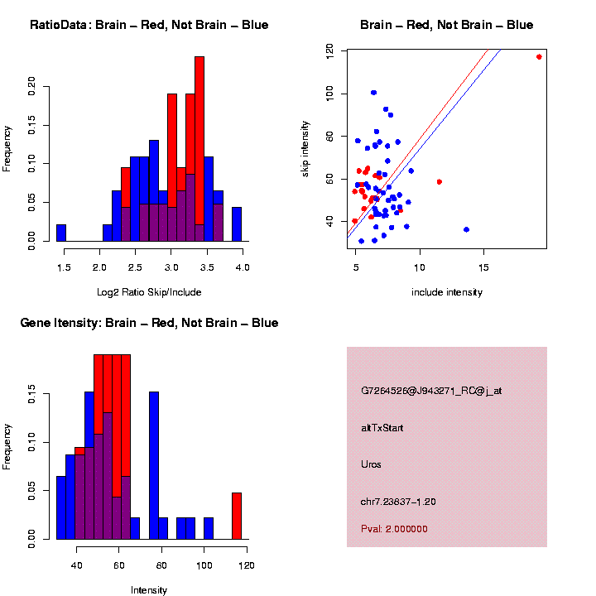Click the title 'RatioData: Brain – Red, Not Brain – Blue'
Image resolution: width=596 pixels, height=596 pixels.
(x=149, y=25)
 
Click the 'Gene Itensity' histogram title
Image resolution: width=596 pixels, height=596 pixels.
(x=149, y=323)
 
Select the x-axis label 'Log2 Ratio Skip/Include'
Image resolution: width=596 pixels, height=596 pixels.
(x=149, y=291)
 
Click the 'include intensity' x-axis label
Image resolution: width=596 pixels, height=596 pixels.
(x=447, y=291)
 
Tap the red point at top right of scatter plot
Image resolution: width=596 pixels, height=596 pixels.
(x=539, y=57)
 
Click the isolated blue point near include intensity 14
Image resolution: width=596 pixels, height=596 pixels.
(x=466, y=229)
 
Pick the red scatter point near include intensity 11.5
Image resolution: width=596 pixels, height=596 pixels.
(x=439, y=181)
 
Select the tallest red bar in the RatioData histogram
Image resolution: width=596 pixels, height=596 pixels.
(x=199, y=149)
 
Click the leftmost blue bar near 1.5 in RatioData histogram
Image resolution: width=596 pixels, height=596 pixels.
(x=61, y=233)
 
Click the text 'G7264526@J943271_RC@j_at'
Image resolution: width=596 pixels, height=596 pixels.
(x=430, y=391)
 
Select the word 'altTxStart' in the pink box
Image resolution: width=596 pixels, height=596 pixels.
(x=382, y=428)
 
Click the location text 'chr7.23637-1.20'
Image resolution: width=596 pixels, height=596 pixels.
(x=398, y=502)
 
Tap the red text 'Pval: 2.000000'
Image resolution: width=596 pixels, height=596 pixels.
(x=395, y=529)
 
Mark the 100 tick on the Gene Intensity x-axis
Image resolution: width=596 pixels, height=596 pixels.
(x=204, y=565)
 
